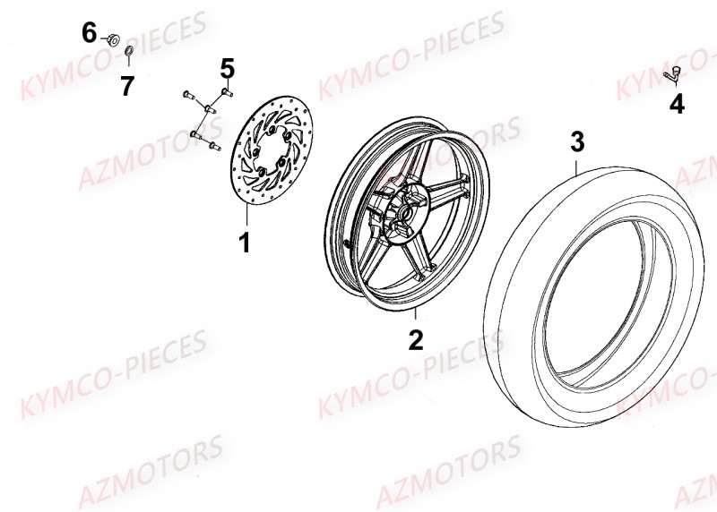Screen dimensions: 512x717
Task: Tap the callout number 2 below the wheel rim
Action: point(415,339)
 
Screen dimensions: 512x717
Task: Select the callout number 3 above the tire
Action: point(577,141)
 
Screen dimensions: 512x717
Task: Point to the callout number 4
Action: point(677,105)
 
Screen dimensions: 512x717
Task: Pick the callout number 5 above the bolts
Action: point(227,68)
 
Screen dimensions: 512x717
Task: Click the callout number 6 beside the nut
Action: point(90,34)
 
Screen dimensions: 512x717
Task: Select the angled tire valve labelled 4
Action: point(673,75)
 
